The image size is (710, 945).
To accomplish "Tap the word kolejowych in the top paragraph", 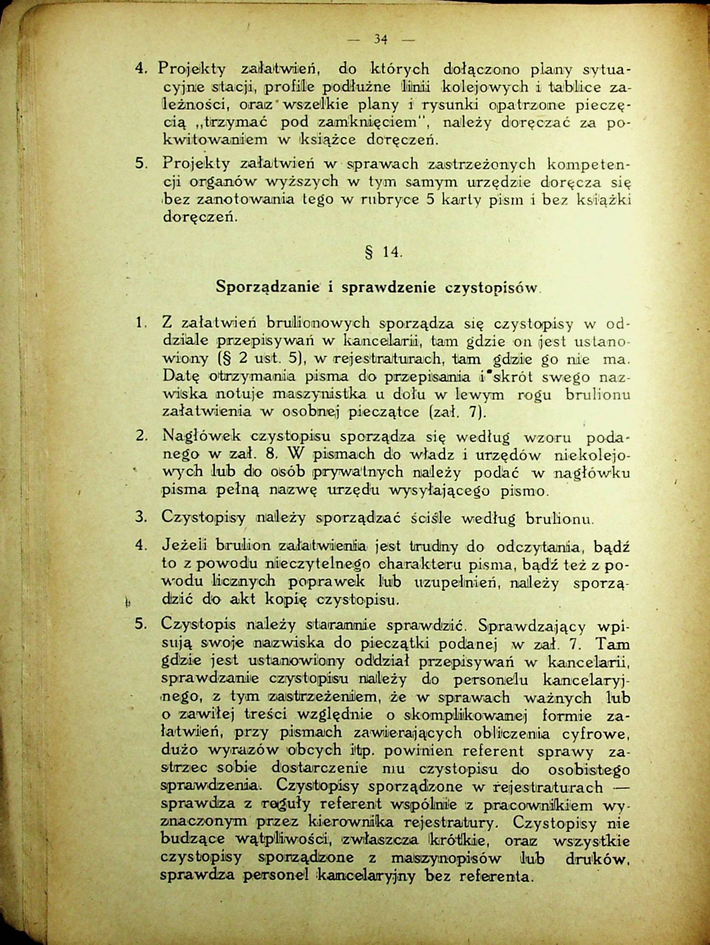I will pos(485,87).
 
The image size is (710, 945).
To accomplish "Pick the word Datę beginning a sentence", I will pos(179,376).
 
